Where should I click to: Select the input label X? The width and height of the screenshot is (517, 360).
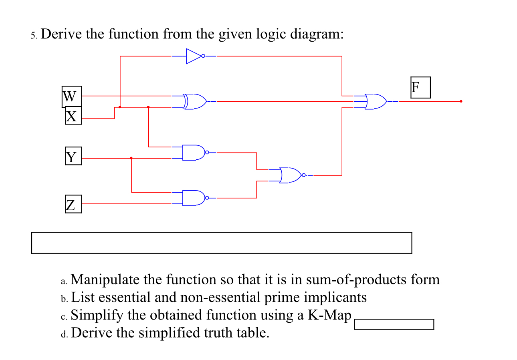[x=73, y=116]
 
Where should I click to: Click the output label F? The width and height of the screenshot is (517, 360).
[x=420, y=87]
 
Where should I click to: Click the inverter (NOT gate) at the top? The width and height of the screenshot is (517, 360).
[x=195, y=56]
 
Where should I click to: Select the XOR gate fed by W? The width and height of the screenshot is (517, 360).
[x=195, y=102]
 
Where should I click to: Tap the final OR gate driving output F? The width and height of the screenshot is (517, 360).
[x=376, y=102]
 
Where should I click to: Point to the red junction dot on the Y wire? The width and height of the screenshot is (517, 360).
[x=131, y=158]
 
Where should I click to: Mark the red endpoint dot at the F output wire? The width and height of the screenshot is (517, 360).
[x=461, y=101]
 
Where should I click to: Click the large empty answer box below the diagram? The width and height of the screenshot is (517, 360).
[x=221, y=243]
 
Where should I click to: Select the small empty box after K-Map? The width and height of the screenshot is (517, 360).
[x=394, y=324]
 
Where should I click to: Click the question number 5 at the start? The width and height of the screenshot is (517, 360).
[x=33, y=36]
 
